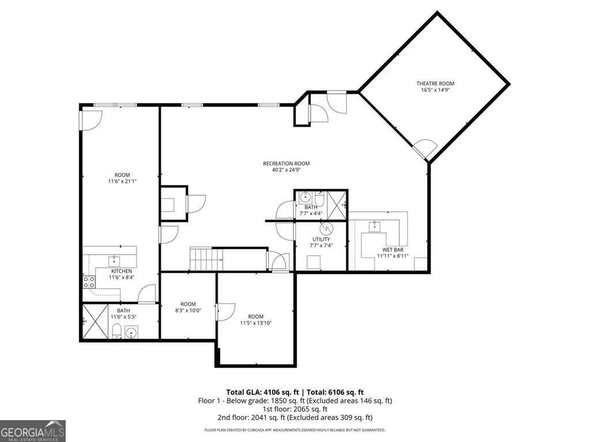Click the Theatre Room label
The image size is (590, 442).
pos(435,83)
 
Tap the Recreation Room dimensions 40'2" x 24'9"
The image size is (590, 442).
pos(286,170)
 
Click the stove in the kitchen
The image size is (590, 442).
pos(89,282)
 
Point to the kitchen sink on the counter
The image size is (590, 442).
pos(114,260)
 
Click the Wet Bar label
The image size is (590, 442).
pos(393,250)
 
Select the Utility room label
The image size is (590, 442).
pos(321,239)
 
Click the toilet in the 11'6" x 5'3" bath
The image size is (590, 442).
pos(116,330)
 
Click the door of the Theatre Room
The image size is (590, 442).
pos(426,148)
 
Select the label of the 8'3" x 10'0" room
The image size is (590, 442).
pos(188,304)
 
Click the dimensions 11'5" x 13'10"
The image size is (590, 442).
pos(256,323)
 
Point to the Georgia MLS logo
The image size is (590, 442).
pos(33,431)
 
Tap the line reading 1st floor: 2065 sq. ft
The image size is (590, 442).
pos(294,409)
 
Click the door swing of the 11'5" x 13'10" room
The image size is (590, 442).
pos(225,311)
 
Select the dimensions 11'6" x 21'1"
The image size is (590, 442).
pos(122,181)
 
